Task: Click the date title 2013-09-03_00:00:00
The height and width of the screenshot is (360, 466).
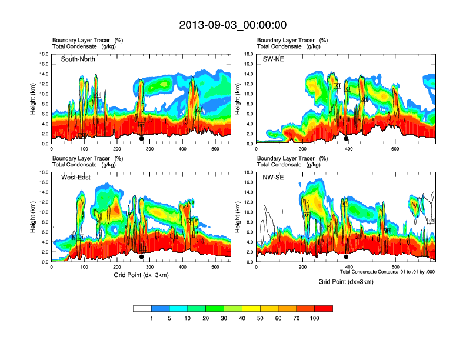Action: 232,25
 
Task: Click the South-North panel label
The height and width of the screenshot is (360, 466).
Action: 78,59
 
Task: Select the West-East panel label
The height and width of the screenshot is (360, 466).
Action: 76,178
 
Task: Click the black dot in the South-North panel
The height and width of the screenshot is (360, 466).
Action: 142,139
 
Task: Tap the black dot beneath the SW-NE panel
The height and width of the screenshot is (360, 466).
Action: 346,139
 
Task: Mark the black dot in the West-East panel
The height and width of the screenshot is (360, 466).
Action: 142,257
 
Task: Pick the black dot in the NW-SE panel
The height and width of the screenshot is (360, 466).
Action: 346,257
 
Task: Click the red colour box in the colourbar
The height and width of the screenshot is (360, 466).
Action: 324,308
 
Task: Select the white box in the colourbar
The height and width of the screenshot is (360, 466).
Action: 142,308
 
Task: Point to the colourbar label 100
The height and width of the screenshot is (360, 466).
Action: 315,318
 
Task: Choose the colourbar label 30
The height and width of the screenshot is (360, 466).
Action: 224,318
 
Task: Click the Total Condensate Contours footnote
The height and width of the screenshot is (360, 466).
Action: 387,272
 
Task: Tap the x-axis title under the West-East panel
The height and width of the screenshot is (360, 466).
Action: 141,275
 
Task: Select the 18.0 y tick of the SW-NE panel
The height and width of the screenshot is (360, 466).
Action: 249,54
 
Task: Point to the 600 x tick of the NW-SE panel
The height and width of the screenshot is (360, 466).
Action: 395,268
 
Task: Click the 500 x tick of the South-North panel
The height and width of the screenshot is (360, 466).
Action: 215,149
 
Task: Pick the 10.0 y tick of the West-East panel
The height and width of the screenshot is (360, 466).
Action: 44,212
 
